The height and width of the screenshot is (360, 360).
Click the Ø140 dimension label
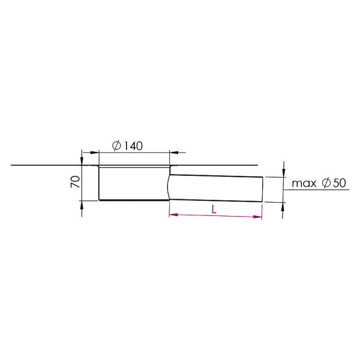click(127, 146)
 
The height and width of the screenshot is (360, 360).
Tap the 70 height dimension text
click(76, 182)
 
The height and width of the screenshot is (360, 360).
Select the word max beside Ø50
click(304, 184)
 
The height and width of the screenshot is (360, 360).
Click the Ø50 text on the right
click(334, 183)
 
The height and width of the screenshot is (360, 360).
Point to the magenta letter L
click(214, 209)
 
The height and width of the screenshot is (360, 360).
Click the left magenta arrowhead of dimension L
click(173, 215)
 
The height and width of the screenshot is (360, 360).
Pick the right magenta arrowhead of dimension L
click(257, 217)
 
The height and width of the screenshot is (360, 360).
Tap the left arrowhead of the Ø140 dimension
click(94, 152)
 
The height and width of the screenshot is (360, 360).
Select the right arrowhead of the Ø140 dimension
click(174, 152)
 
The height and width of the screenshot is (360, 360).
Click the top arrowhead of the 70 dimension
click(82, 161)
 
